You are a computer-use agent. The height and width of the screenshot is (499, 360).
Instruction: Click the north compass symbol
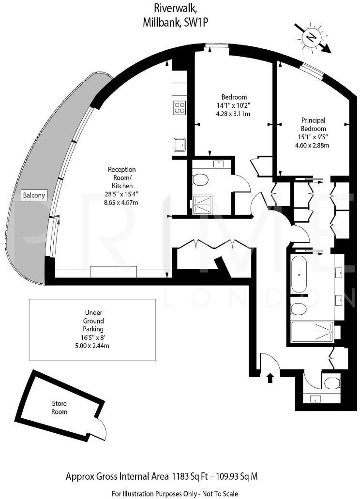click(312, 38)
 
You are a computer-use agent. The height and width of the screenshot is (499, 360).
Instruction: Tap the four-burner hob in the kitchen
click(180, 107)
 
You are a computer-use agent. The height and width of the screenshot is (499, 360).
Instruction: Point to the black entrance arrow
click(270, 377)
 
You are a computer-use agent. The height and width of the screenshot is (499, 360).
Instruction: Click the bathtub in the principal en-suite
click(299, 275)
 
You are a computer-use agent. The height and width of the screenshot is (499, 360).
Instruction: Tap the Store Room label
click(60, 408)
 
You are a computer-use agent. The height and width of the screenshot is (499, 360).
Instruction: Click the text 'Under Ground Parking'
click(93, 321)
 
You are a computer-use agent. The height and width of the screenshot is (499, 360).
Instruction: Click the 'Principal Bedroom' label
click(313, 124)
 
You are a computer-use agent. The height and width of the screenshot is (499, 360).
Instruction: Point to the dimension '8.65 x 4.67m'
click(121, 203)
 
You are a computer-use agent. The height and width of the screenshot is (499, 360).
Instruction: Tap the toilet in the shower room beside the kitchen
click(200, 180)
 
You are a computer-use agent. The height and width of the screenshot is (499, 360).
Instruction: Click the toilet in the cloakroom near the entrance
click(332, 384)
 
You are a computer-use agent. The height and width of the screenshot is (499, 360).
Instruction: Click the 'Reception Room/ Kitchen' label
click(121, 177)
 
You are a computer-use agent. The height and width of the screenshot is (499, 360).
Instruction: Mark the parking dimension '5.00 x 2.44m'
click(93, 346)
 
